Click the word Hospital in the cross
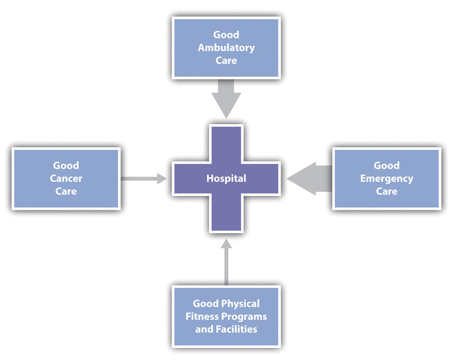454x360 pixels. pyautogui.click(x=226, y=178)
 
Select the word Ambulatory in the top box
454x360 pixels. pyautogui.click(x=226, y=48)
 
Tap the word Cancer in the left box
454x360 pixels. pyautogui.click(x=66, y=178)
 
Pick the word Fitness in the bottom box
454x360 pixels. pyautogui.click(x=202, y=317)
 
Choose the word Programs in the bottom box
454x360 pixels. pyautogui.click(x=244, y=317)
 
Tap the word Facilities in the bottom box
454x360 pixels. pyautogui.click(x=236, y=329)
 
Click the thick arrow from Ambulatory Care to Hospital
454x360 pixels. pyautogui.click(x=226, y=99)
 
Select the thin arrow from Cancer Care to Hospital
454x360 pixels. pyautogui.click(x=144, y=178)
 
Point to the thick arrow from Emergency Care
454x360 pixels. pyautogui.click(x=309, y=178)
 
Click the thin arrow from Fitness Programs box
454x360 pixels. pyautogui.click(x=226, y=262)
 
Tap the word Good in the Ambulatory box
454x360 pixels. pyautogui.click(x=226, y=35)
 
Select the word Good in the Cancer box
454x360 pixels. pyautogui.click(x=66, y=166)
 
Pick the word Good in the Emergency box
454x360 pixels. pyautogui.click(x=386, y=166)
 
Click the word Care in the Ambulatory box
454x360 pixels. pyautogui.click(x=226, y=61)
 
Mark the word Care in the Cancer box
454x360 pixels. pyautogui.click(x=66, y=191)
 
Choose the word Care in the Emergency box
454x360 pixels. pyautogui.click(x=386, y=191)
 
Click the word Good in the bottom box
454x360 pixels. pyautogui.click(x=206, y=304)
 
